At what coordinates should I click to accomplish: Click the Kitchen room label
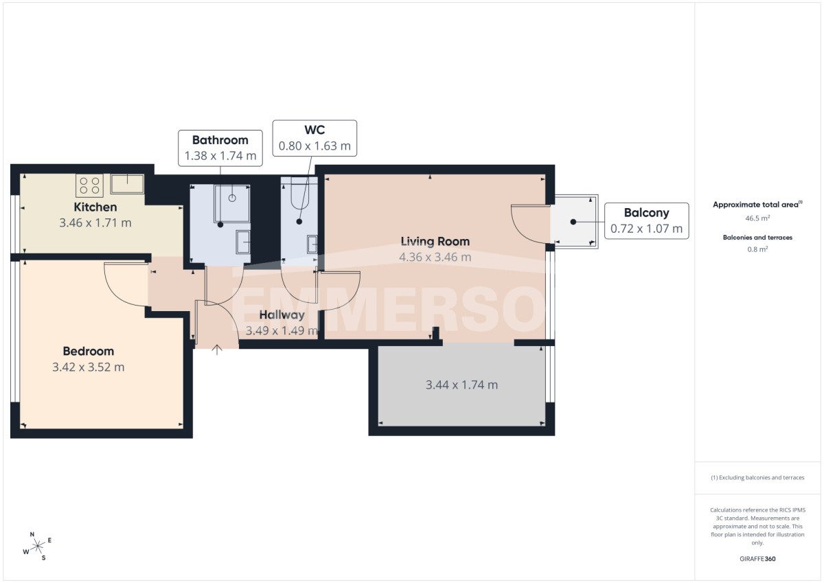[x=95, y=207]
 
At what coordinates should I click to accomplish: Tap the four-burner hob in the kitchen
[x=90, y=185]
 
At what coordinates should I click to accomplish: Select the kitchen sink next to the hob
[x=127, y=184]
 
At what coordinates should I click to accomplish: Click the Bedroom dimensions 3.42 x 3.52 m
[x=89, y=367]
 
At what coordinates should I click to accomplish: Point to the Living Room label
[x=435, y=242]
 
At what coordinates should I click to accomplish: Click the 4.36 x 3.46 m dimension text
[x=435, y=257]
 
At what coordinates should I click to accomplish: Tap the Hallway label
[x=282, y=315]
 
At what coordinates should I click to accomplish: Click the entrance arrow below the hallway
[x=217, y=350]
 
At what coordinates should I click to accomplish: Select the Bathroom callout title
[x=220, y=140]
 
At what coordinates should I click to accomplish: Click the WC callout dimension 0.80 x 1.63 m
[x=314, y=146]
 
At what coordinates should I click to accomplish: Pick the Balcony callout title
[x=647, y=213]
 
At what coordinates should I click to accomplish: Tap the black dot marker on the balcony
[x=573, y=222]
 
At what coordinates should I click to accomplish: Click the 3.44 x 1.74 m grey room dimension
[x=461, y=385]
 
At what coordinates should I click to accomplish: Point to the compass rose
[x=37, y=546]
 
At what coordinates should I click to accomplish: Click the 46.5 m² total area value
[x=757, y=218]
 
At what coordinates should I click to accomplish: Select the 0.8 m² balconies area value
[x=757, y=249]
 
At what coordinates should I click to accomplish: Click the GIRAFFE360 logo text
[x=757, y=559]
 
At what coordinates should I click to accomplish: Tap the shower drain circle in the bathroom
[x=232, y=198]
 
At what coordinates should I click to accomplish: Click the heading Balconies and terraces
[x=757, y=238]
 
